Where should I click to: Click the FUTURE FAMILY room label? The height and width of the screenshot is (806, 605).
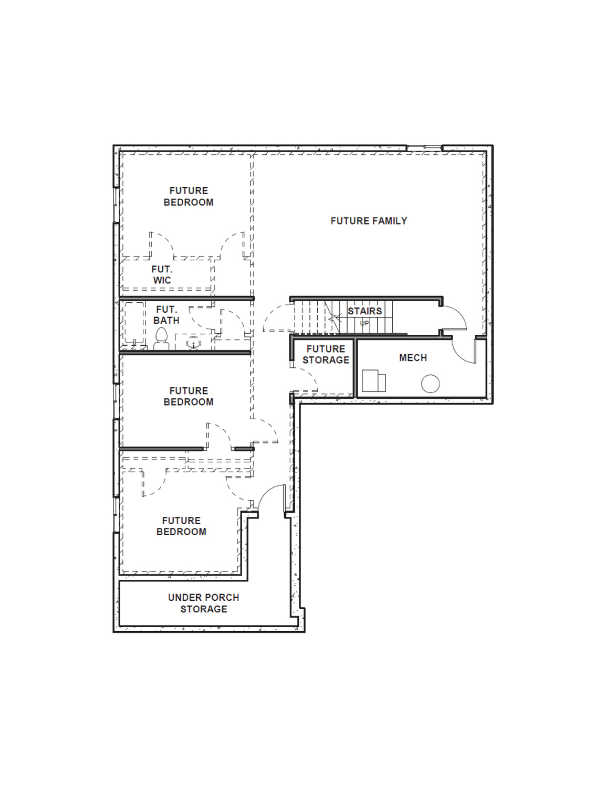point(369,221)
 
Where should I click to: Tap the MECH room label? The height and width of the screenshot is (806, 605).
point(413,358)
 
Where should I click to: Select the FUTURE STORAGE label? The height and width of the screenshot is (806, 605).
point(326,354)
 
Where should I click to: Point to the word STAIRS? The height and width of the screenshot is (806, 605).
point(364,311)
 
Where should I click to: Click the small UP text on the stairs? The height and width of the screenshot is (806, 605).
point(364,323)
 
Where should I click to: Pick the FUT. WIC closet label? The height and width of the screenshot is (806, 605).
point(162,274)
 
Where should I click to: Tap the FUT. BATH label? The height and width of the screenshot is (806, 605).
point(166,315)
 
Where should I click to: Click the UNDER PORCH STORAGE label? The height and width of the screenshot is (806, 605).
point(204,603)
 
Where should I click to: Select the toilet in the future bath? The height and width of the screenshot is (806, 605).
point(161,339)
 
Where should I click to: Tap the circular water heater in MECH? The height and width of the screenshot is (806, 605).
point(431,384)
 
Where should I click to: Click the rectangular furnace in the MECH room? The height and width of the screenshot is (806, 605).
point(373,380)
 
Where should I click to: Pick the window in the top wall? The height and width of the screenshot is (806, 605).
point(424,147)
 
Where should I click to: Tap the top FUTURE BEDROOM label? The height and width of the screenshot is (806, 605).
point(189,196)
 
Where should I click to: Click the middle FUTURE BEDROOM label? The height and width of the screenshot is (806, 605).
point(189,396)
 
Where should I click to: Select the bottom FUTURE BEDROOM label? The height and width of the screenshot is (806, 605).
point(181,526)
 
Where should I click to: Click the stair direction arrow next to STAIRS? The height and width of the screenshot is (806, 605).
point(335,318)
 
